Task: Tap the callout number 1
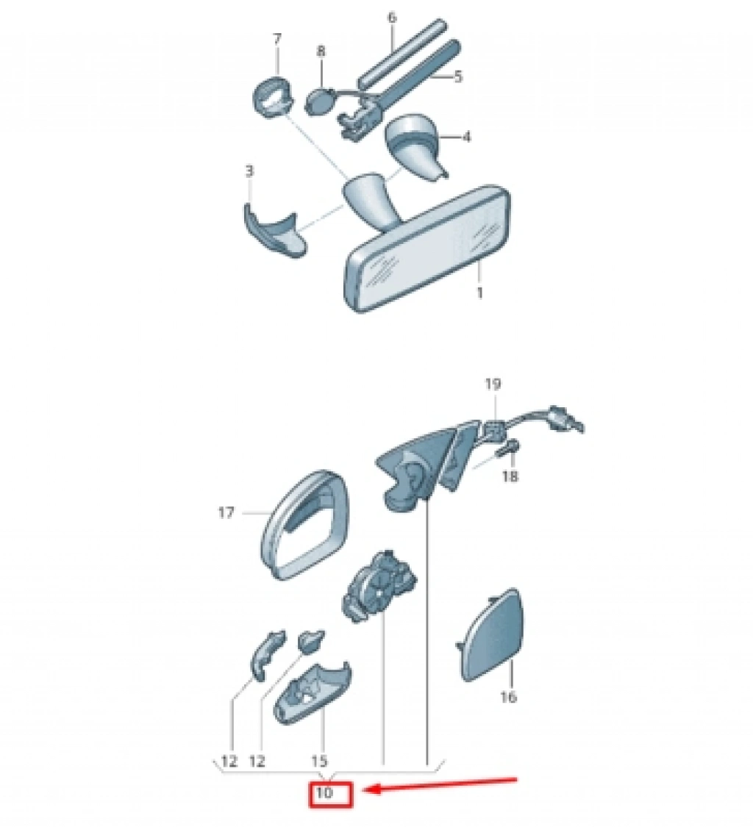pos(479,292)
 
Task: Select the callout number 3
pos(249,171)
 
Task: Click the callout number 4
pos(466,137)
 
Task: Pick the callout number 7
pos(277,38)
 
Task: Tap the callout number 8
pos(321,51)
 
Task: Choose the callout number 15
pos(319,761)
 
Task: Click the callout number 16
pos(507,697)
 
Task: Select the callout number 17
pos(226,512)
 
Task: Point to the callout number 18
pos(510,476)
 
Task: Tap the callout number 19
pos(493,384)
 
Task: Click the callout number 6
pos(391,18)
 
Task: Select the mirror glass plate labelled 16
pos(490,636)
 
